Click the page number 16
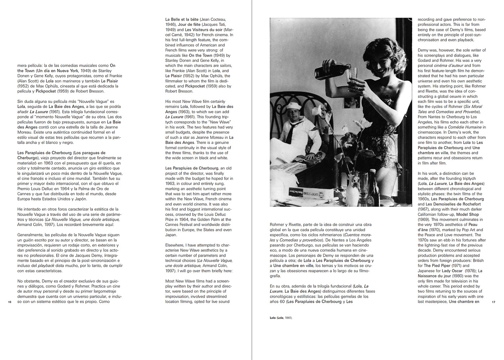point(10,302)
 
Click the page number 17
point(494,302)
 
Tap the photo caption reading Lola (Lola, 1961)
point(281,318)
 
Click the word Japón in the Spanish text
point(81,199)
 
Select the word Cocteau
point(218,19)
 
